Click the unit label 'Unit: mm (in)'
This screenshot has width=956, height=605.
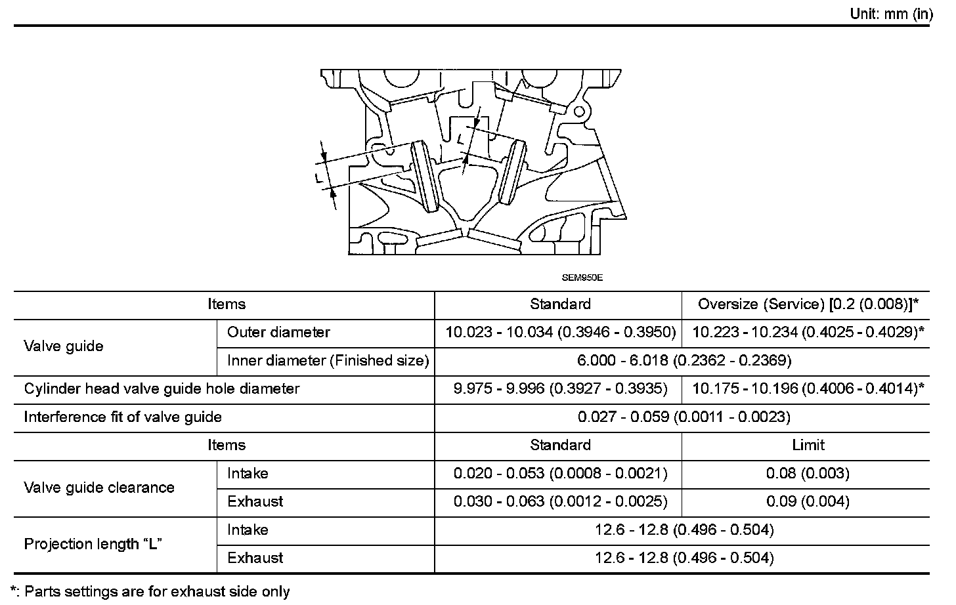point(890,14)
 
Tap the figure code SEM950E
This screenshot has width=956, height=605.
point(582,277)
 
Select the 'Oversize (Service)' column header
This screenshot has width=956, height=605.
point(808,304)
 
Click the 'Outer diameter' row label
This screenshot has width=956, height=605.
point(278,332)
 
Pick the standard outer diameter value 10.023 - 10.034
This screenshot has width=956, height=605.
point(560,332)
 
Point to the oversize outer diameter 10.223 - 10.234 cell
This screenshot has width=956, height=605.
point(808,332)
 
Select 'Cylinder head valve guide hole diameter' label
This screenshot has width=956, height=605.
point(162,388)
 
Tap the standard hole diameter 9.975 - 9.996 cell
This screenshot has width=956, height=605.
point(560,388)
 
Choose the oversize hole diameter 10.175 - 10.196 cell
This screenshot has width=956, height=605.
point(808,388)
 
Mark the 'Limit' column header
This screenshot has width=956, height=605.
point(808,445)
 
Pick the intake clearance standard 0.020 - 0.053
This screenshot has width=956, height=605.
point(560,473)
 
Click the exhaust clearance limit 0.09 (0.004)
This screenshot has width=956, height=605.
point(808,501)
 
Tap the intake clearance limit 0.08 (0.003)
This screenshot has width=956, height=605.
point(808,473)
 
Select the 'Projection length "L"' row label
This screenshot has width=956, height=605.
point(93,544)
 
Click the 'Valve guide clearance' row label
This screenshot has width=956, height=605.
point(99,488)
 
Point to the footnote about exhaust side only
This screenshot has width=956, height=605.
point(150,591)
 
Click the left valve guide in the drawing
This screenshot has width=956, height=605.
point(425,177)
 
